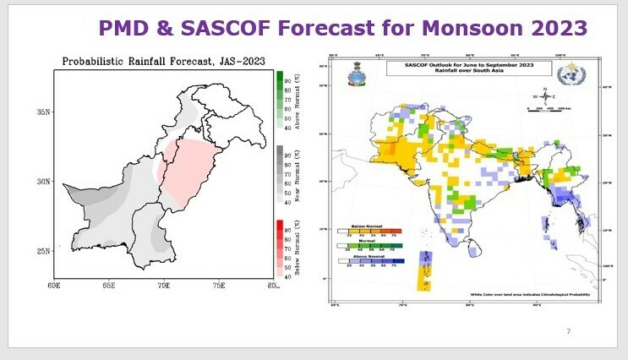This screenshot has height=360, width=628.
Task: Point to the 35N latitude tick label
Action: [x=42, y=112]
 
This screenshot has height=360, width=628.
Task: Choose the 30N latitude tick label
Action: [x=42, y=181]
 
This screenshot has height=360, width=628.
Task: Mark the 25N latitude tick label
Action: [x=42, y=251]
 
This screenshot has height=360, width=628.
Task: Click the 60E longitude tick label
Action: [x=55, y=286]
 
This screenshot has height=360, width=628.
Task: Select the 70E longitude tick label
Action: [x=164, y=286]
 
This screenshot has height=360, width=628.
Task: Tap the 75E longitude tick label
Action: [x=218, y=286]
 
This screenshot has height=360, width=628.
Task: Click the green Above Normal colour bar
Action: [x=280, y=99]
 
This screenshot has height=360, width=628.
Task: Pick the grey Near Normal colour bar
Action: [x=280, y=173]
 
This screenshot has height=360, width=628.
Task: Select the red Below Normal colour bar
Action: [x=280, y=248]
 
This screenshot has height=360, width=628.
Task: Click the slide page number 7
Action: [x=568, y=330]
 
